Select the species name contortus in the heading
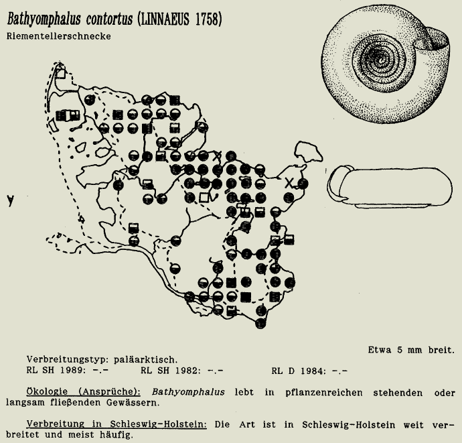coord(105,21)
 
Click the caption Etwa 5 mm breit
coord(410,349)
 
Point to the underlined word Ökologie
coord(49,391)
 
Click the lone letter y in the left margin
coord(10,200)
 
